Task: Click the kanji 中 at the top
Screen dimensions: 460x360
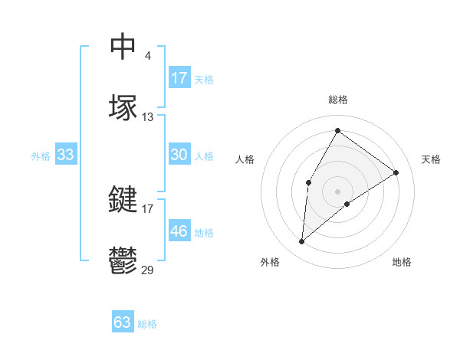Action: click(x=123, y=46)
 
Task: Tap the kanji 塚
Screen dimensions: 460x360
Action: click(x=123, y=107)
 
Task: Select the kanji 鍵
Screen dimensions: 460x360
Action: click(x=123, y=200)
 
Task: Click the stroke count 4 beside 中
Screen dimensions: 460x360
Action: click(x=147, y=55)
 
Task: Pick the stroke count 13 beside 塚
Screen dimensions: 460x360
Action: click(x=148, y=117)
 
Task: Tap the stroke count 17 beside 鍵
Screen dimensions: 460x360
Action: click(x=148, y=208)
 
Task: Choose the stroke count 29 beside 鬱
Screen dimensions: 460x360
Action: click(x=148, y=270)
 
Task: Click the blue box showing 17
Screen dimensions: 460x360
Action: click(x=179, y=78)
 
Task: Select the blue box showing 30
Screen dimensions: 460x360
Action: click(x=179, y=155)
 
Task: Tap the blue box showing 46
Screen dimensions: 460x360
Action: click(x=179, y=231)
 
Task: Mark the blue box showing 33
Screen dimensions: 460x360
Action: click(x=66, y=155)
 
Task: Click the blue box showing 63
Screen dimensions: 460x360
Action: click(x=123, y=322)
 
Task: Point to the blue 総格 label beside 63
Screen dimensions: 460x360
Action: click(x=147, y=324)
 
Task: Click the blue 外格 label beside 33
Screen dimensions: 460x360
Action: click(x=41, y=155)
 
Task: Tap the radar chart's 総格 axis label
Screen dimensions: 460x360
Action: click(x=338, y=100)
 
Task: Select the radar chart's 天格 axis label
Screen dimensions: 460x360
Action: click(x=431, y=159)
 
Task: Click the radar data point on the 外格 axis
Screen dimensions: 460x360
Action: click(x=302, y=242)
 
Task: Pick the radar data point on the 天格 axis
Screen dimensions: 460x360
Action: click(x=396, y=172)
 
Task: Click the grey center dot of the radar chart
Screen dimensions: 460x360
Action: click(x=337, y=191)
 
